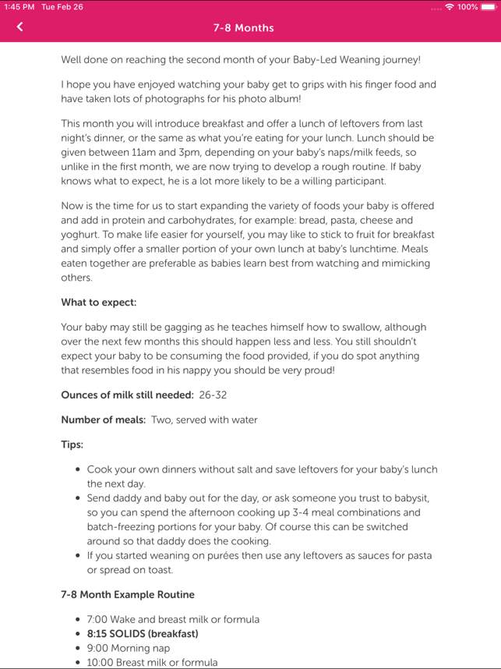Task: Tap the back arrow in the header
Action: tap(19, 27)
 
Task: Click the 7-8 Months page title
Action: tap(244, 28)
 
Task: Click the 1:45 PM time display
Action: tap(19, 7)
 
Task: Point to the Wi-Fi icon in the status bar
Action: tap(450, 7)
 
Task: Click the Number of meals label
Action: tap(103, 419)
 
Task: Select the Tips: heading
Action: tap(72, 444)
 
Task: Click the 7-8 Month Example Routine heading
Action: tap(128, 594)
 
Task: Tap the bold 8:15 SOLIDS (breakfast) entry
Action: tap(143, 634)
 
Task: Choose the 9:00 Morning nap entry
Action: tap(128, 648)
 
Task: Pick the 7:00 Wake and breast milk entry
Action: tap(173, 619)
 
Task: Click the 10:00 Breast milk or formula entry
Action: tap(152, 663)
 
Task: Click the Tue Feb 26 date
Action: tap(62, 7)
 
